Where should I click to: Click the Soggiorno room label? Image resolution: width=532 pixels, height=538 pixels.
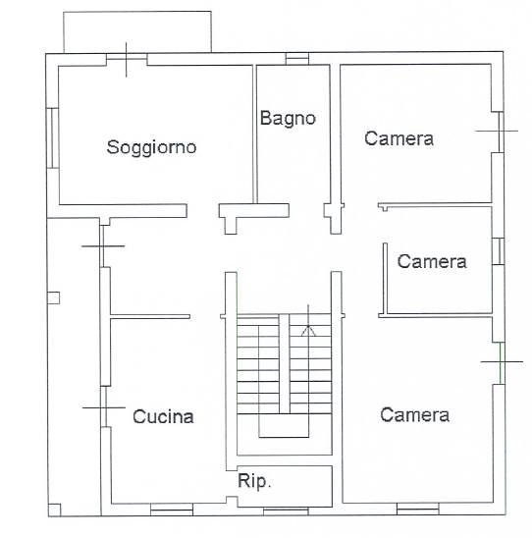point(151,148)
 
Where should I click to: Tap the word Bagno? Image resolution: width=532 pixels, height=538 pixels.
point(288,119)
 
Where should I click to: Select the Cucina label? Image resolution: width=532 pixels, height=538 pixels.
point(163,416)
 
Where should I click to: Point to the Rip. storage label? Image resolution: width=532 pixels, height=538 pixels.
point(254,481)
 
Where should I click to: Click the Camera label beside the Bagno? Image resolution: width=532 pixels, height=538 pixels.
point(399,138)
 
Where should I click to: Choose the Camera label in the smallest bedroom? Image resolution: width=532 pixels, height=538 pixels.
point(432,261)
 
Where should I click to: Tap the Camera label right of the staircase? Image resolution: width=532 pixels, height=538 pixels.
point(414,415)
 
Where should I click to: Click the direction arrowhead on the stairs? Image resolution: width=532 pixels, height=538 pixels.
point(308,331)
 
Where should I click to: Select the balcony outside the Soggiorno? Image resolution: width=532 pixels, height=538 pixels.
point(137,32)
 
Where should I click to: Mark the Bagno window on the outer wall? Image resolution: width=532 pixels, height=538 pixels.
point(297,59)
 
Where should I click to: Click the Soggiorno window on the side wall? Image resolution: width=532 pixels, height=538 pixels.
point(52,137)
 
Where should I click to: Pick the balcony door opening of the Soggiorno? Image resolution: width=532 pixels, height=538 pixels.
point(127,59)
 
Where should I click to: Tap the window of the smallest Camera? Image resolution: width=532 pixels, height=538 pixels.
point(498,251)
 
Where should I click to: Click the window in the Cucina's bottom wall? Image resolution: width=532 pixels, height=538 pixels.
point(172,510)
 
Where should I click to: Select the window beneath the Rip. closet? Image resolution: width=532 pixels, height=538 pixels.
point(286,511)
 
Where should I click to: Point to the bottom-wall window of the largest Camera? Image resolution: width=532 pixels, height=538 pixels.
point(418,509)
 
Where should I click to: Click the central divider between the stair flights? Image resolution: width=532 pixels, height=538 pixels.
point(285,363)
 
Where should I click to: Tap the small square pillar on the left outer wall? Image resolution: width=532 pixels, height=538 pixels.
point(53,297)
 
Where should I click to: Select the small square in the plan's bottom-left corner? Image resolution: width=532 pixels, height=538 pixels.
point(54,510)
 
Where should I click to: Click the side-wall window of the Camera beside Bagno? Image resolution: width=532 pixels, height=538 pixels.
point(502,132)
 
